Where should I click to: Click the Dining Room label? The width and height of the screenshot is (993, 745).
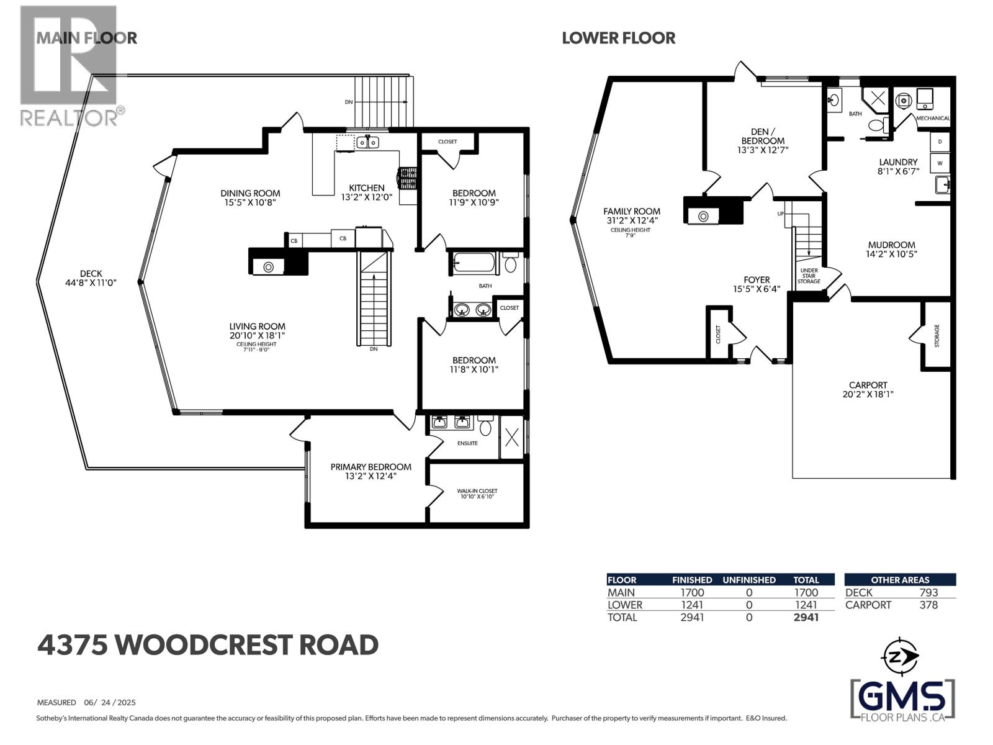(x=250, y=193)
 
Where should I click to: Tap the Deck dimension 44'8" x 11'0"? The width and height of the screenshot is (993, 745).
(x=91, y=282)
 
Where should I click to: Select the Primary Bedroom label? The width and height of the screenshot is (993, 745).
(x=371, y=467)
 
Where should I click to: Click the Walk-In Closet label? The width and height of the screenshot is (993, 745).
(x=477, y=490)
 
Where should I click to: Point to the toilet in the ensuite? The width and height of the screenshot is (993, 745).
(x=485, y=427)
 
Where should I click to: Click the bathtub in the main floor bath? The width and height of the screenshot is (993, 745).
(x=475, y=263)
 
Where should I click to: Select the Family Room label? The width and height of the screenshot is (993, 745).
(x=632, y=211)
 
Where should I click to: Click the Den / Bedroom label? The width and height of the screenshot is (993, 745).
(x=763, y=136)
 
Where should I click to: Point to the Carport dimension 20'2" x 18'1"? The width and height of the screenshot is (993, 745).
(x=868, y=394)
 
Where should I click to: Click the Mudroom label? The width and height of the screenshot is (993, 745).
(x=891, y=245)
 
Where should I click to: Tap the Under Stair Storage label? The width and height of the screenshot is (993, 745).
(x=809, y=276)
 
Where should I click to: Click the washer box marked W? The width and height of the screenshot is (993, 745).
(x=940, y=163)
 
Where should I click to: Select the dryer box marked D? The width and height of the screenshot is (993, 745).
(x=940, y=142)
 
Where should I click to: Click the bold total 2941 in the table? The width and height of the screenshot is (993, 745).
(x=806, y=617)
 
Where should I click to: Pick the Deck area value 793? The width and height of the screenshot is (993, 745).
(x=928, y=592)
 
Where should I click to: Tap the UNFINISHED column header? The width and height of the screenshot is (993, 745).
(x=749, y=580)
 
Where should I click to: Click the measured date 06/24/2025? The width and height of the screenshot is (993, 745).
(x=110, y=703)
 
